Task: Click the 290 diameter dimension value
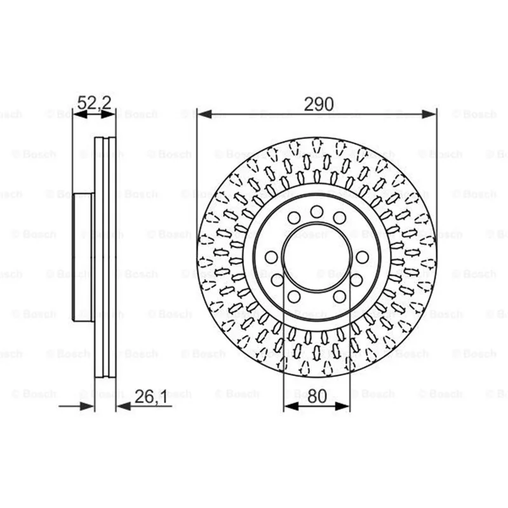click(319, 104)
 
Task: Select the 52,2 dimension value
click(94, 102)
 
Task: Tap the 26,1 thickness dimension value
click(150, 396)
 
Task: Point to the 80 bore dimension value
click(317, 396)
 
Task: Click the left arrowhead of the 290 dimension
click(204, 114)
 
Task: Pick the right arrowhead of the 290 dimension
click(429, 114)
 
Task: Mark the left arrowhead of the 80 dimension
click(291, 406)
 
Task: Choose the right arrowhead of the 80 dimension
click(342, 406)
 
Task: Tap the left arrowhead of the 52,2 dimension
click(81, 114)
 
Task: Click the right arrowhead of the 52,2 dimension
click(108, 114)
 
